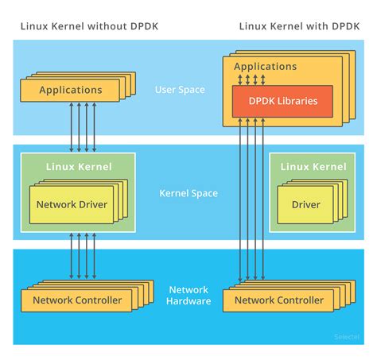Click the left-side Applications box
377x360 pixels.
pyautogui.click(x=71, y=90)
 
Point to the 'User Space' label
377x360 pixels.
pyautogui.click(x=179, y=90)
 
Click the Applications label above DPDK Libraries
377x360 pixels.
pyautogui.click(x=266, y=67)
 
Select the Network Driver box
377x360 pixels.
pyautogui.click(x=71, y=204)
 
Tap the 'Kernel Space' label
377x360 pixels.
pyautogui.click(x=188, y=193)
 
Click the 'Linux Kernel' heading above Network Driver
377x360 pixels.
pyautogui.click(x=79, y=166)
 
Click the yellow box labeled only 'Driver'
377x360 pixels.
pyautogui.click(x=305, y=204)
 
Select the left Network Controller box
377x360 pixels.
pyautogui.click(x=77, y=300)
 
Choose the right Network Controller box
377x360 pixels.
pyautogui.click(x=278, y=300)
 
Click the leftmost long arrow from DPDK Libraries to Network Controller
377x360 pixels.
pyautogui.click(x=239, y=199)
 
